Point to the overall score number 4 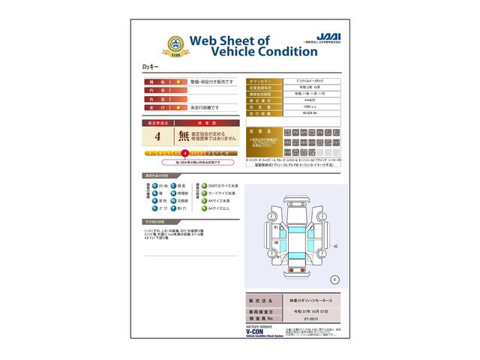157,136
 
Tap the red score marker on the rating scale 185,153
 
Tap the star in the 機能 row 179,81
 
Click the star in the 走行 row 179,108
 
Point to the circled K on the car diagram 334,278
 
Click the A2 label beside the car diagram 335,245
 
